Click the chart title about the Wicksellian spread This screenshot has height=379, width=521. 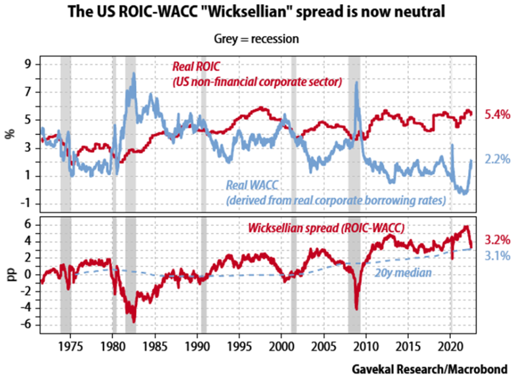pyautogui.click(x=260, y=12)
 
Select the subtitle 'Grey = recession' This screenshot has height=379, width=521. pyautogui.click(x=260, y=39)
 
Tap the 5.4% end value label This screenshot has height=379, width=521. pyautogui.click(x=497, y=115)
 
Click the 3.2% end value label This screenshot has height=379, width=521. pyautogui.click(x=497, y=240)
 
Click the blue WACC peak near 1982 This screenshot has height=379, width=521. pyautogui.click(x=133, y=74)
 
